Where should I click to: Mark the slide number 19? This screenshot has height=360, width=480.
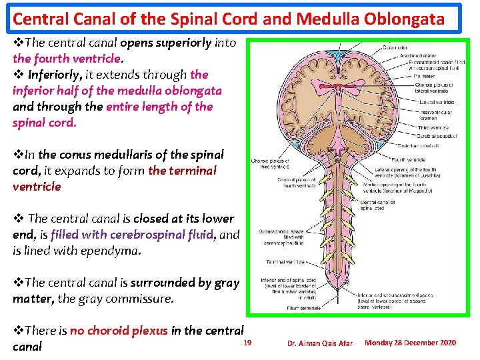click(247, 343)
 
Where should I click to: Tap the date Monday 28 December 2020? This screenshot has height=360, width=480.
click(411, 343)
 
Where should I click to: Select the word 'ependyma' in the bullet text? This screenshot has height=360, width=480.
click(119, 251)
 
